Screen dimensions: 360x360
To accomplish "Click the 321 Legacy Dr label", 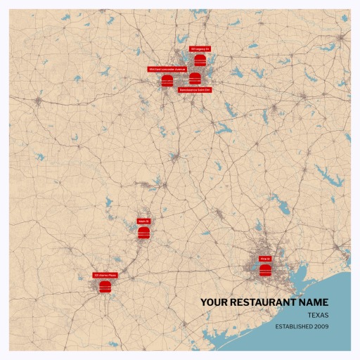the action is pos(200,49).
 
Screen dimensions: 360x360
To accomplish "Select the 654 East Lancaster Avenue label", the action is pos(167,70).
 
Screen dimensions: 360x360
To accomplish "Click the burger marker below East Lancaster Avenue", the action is pos(167,80).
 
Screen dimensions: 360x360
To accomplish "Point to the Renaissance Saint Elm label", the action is pos(195,90).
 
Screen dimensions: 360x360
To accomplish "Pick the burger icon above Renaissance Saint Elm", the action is pos(195,78).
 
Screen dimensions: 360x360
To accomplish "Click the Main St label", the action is pos(143,221).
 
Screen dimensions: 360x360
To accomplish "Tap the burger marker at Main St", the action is pos(143,232).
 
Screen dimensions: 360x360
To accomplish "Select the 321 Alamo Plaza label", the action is pos(105,275).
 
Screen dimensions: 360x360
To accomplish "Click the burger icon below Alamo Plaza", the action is pos(105,286).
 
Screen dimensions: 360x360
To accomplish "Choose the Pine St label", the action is pos(265,259).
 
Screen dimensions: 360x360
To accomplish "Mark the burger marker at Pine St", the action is pos(265,270).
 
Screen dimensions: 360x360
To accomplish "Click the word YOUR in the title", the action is pos(213,302).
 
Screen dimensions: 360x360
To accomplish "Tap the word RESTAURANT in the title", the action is pos(263,302).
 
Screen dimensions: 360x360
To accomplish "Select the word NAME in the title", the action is pos(314,302).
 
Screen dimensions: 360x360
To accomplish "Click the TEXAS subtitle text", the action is pos(318,316).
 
